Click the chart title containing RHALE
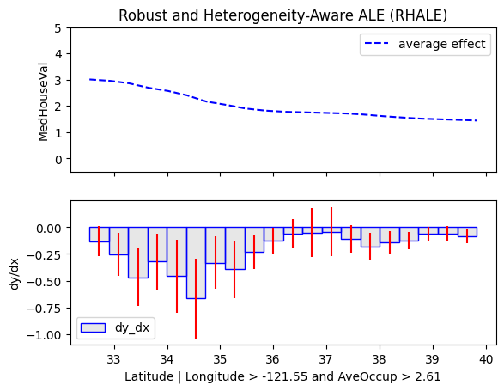[282, 15]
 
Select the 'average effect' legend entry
[425, 44]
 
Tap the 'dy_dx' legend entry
[115, 328]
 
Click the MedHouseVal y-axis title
[43, 102]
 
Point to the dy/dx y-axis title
[15, 273]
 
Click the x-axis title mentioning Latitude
[282, 376]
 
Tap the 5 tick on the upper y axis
[58, 28]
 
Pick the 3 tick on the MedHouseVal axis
[58, 81]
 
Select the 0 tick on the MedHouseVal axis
[58, 159]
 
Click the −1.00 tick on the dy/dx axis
[44, 335]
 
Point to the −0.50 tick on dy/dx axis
[44, 282]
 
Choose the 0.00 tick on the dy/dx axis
[49, 229]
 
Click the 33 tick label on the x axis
[114, 359]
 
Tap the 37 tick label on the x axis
[326, 359]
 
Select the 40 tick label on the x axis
[486, 359]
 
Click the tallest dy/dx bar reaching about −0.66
[196, 263]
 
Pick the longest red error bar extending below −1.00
[196, 298]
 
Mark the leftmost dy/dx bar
[100, 235]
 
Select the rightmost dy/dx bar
[467, 232]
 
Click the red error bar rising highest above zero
[331, 232]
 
